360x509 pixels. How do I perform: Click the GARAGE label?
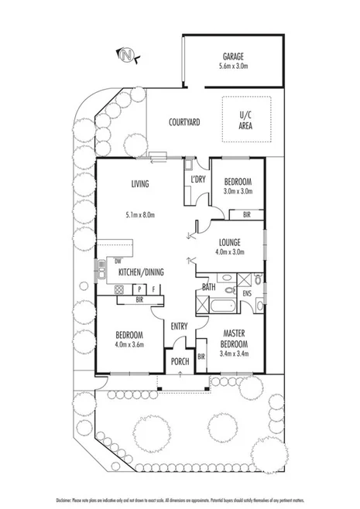[x=234, y=56]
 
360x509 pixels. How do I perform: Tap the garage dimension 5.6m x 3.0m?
[x=234, y=67]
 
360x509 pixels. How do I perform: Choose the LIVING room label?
[x=139, y=183]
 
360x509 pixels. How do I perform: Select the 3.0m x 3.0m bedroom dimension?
[x=238, y=190]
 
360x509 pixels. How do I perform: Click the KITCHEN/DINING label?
[x=140, y=272]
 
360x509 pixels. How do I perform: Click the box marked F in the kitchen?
[x=154, y=289]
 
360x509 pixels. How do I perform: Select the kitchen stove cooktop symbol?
[x=120, y=289]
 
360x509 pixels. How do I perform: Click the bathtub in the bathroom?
[x=224, y=304]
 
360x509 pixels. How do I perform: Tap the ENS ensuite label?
[x=246, y=294]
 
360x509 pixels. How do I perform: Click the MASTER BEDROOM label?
[x=233, y=338]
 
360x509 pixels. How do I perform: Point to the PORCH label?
[x=180, y=360]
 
